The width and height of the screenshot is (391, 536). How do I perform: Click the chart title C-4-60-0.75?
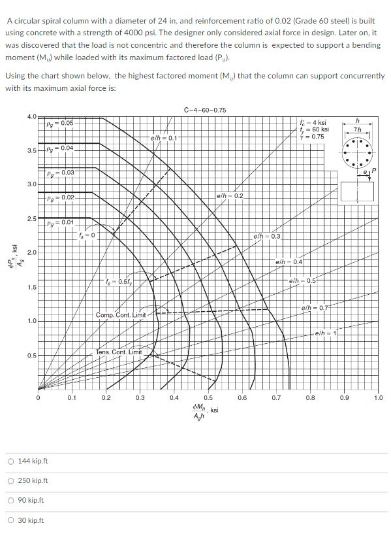point(205,110)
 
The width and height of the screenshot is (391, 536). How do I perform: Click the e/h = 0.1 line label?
point(163,138)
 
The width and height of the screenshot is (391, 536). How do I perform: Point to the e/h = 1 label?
point(324,334)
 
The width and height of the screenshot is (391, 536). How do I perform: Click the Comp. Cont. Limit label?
point(121,315)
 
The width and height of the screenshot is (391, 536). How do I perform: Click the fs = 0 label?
point(87,235)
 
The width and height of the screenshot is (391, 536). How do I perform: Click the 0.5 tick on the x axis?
point(208,397)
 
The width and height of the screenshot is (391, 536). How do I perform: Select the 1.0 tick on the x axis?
point(379,397)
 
